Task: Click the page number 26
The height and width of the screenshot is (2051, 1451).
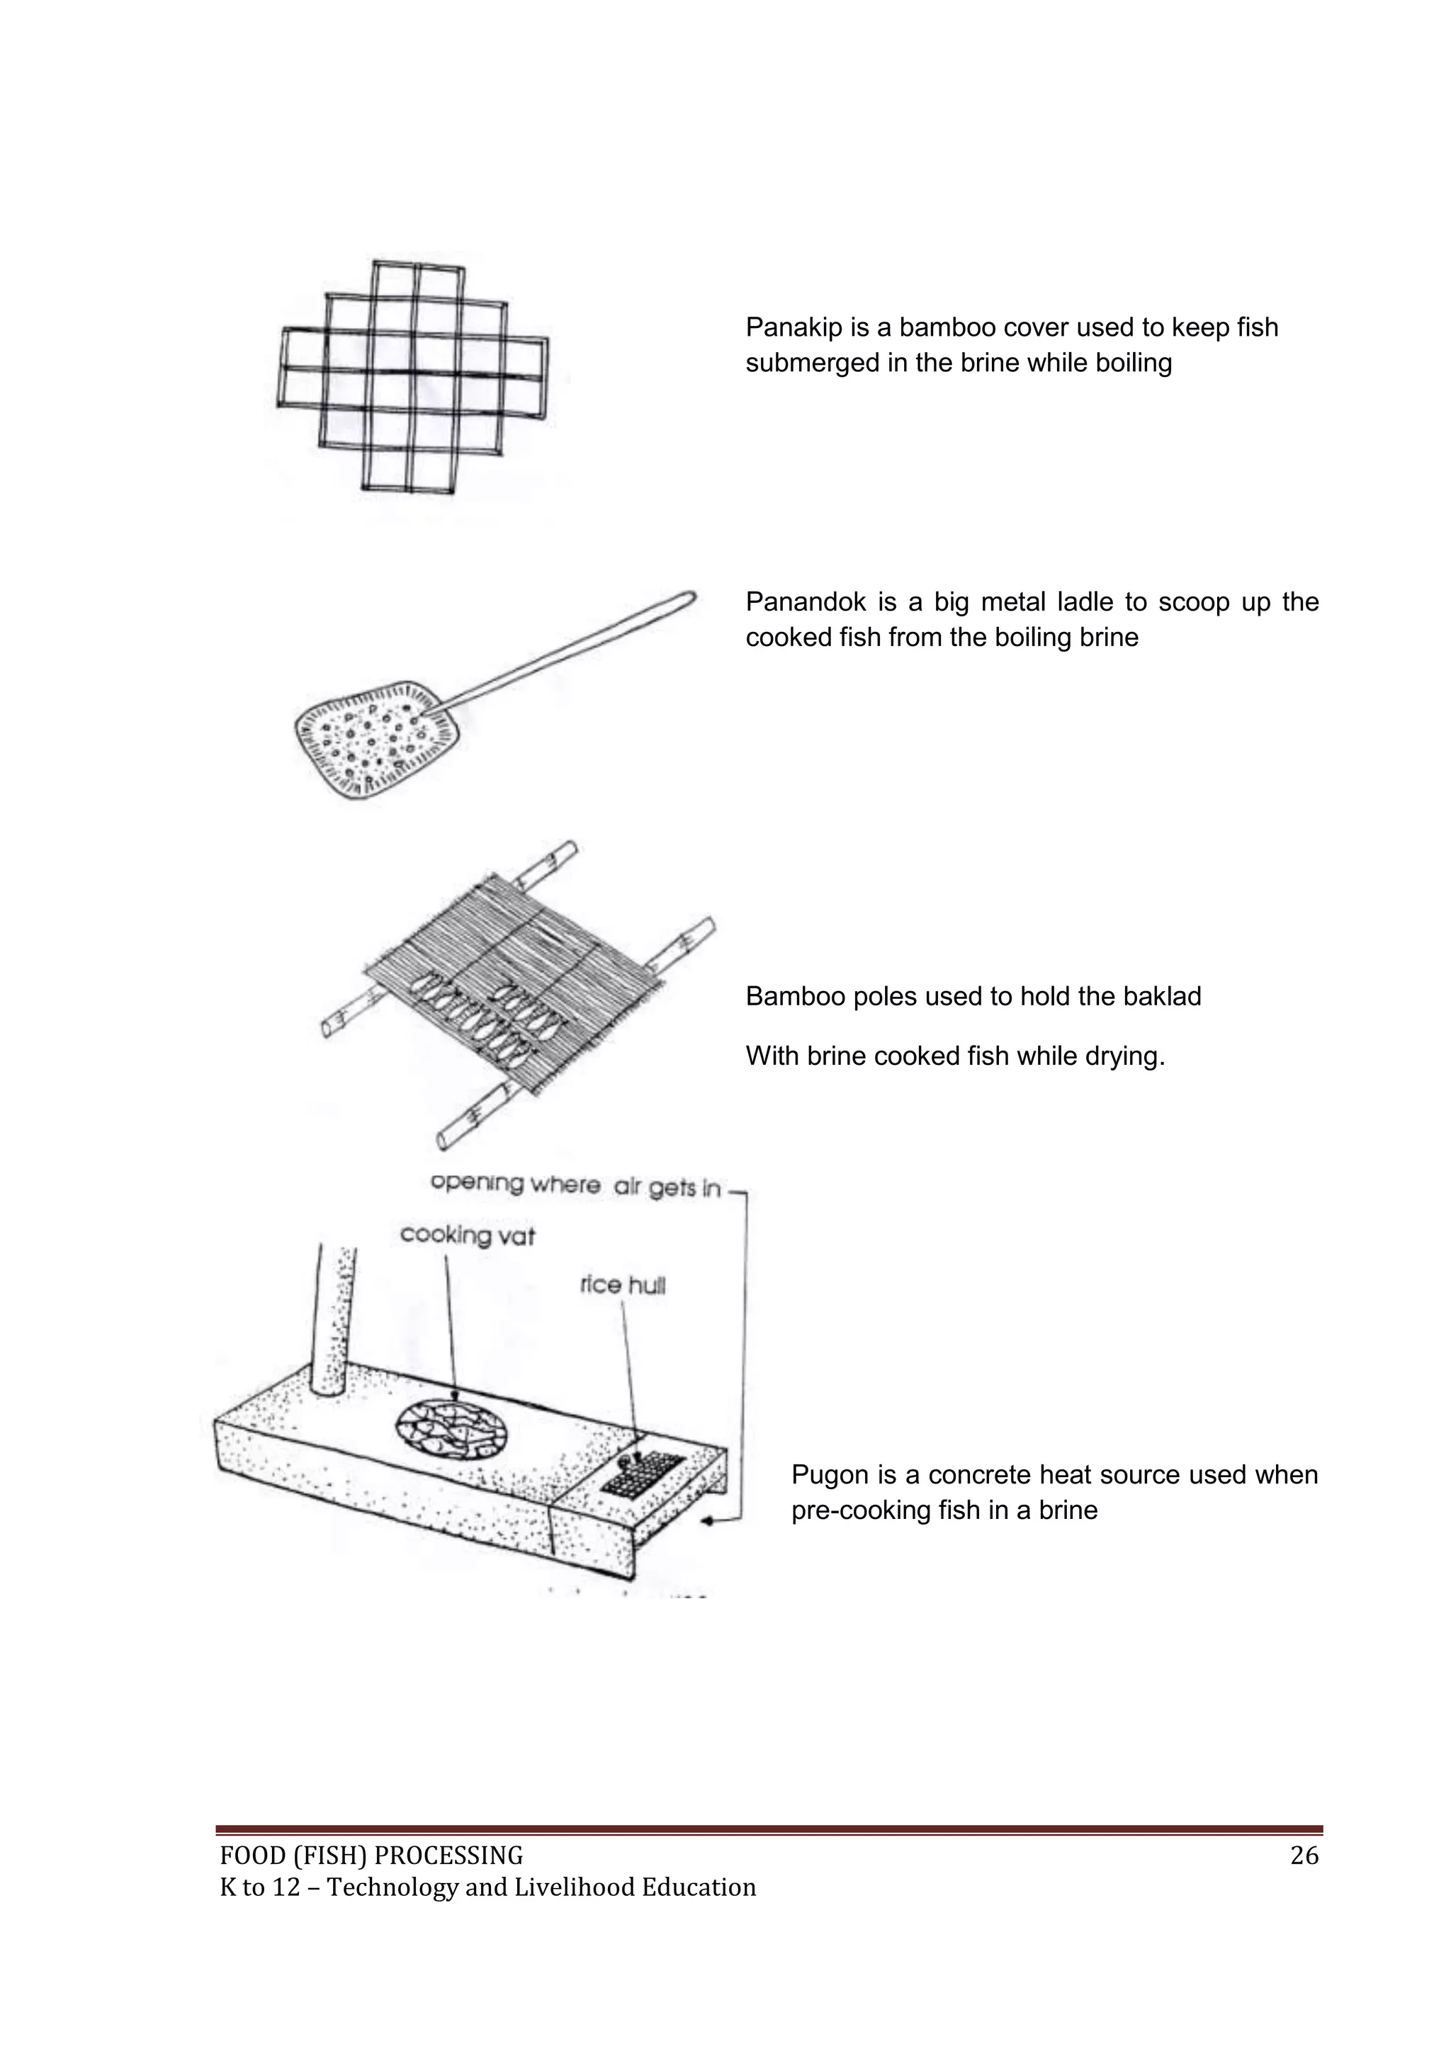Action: coord(1304,1856)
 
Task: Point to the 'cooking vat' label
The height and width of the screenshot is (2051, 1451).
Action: coord(468,1236)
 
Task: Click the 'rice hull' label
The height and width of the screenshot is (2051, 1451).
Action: coord(623,1285)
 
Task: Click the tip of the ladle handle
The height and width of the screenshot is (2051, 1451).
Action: coord(688,596)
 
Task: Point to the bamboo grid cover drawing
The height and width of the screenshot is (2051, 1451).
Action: coord(413,375)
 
